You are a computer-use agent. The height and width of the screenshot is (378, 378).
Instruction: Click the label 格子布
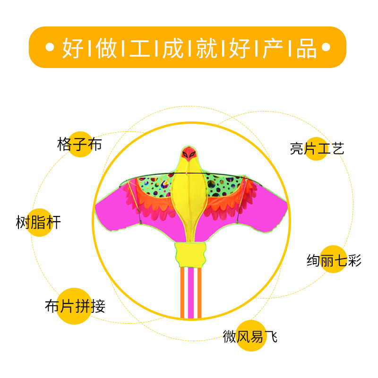79,144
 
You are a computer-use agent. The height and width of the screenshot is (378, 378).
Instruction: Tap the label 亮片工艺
317,149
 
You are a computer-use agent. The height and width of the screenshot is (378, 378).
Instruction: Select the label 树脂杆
39,222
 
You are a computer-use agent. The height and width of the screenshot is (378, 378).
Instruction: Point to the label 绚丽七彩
334,260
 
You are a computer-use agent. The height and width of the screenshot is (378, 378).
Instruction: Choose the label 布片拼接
75,307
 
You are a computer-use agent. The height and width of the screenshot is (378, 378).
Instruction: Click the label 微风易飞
250,336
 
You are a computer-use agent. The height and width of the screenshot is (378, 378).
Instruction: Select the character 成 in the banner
173,48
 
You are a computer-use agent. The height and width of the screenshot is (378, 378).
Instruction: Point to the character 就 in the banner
206,48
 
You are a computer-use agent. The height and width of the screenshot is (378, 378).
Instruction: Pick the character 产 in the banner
273,48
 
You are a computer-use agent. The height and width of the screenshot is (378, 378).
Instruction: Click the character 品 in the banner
306,48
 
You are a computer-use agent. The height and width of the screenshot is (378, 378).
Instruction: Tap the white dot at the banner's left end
49,48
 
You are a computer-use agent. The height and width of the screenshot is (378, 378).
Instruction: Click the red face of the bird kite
189,153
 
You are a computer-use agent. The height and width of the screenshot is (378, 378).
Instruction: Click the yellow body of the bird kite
189,194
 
